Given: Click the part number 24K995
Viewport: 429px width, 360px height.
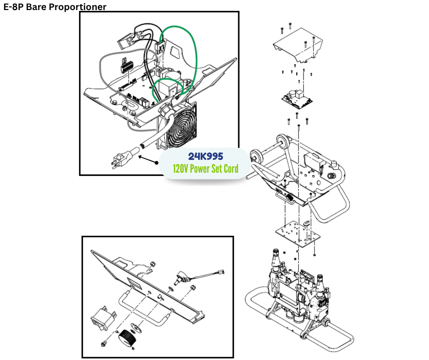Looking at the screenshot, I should coord(205,156).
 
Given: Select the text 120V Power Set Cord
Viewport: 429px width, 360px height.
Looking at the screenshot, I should coord(205,169).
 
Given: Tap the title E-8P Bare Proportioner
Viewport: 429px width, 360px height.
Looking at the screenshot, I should coord(55,7).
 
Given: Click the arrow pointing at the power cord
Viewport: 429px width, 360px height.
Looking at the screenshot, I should coord(146,159).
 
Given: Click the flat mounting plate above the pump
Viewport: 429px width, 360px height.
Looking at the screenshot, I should coord(296,233).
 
